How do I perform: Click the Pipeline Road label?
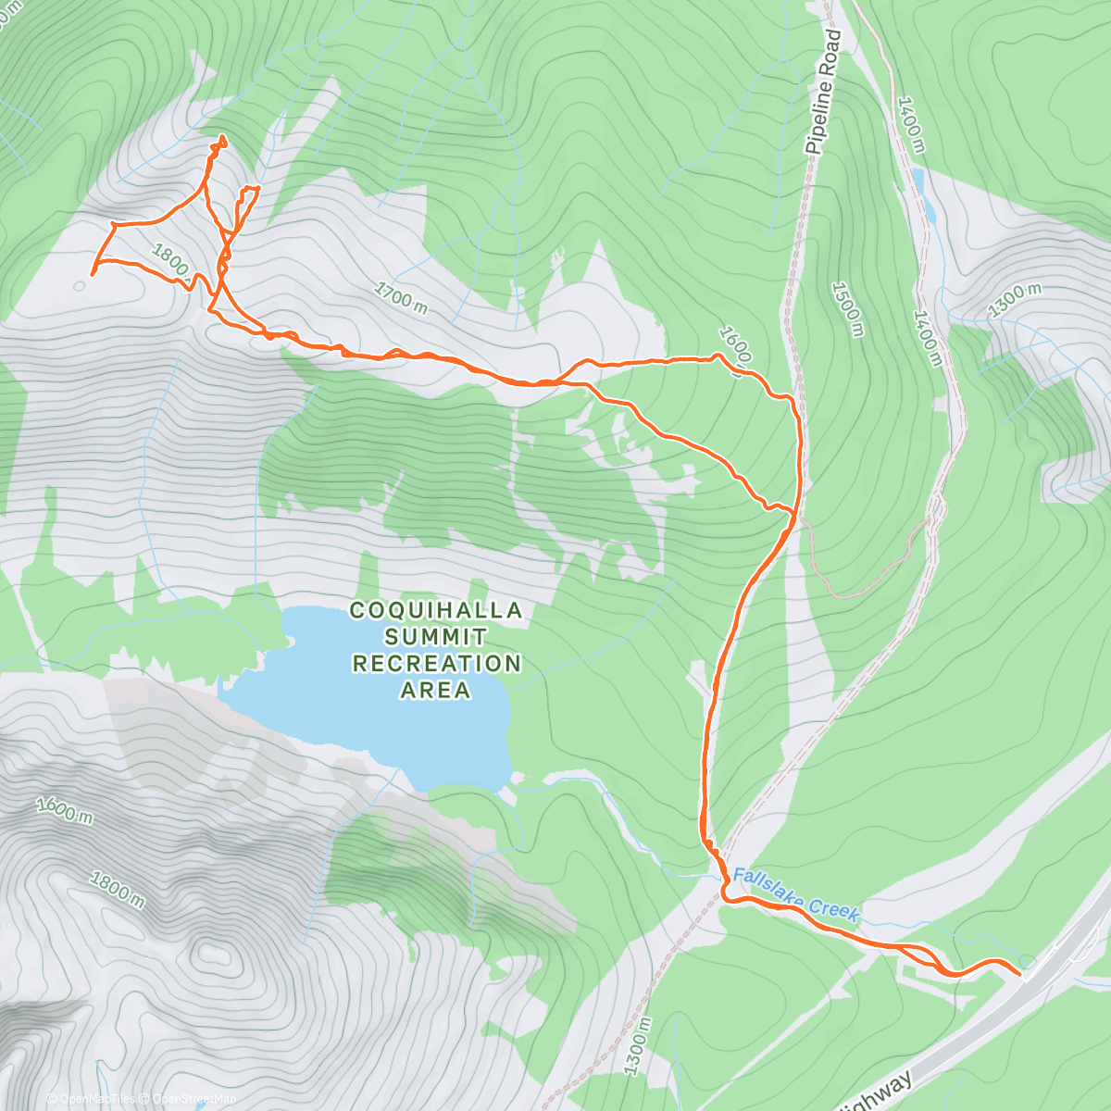pos(823,92)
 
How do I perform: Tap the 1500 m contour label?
pos(847,309)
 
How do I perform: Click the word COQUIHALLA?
pos(436,611)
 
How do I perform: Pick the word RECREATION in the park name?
pos(436,664)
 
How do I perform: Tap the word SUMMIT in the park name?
pos(436,637)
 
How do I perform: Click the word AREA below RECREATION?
pos(436,691)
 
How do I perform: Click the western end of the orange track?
pos(93,274)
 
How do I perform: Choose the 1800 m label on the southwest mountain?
pos(117,889)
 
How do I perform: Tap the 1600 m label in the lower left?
pos(65,809)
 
